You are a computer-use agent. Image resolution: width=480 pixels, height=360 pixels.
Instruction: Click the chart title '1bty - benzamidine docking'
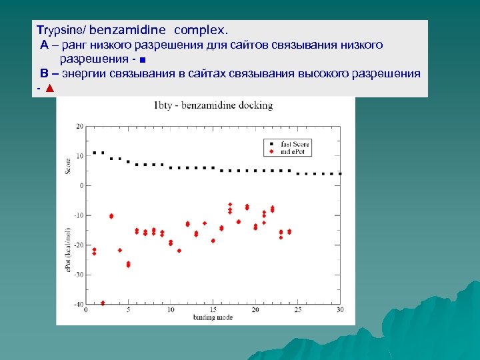click(213, 105)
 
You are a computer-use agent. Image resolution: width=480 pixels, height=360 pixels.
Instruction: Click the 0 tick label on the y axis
click(81, 185)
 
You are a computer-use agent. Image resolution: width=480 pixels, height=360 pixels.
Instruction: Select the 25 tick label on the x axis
click(297, 310)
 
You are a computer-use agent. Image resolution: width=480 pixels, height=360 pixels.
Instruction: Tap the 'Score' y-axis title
click(68, 164)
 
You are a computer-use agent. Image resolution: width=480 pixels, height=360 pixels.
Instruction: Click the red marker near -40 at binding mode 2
click(103, 303)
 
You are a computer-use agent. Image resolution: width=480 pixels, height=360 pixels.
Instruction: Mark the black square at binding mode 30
click(340, 174)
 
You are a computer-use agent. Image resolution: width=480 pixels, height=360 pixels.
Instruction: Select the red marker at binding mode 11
click(179, 251)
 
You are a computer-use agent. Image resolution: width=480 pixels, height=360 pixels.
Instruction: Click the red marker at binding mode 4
click(120, 250)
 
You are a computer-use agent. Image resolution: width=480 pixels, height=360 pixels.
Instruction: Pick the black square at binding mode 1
click(94, 153)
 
